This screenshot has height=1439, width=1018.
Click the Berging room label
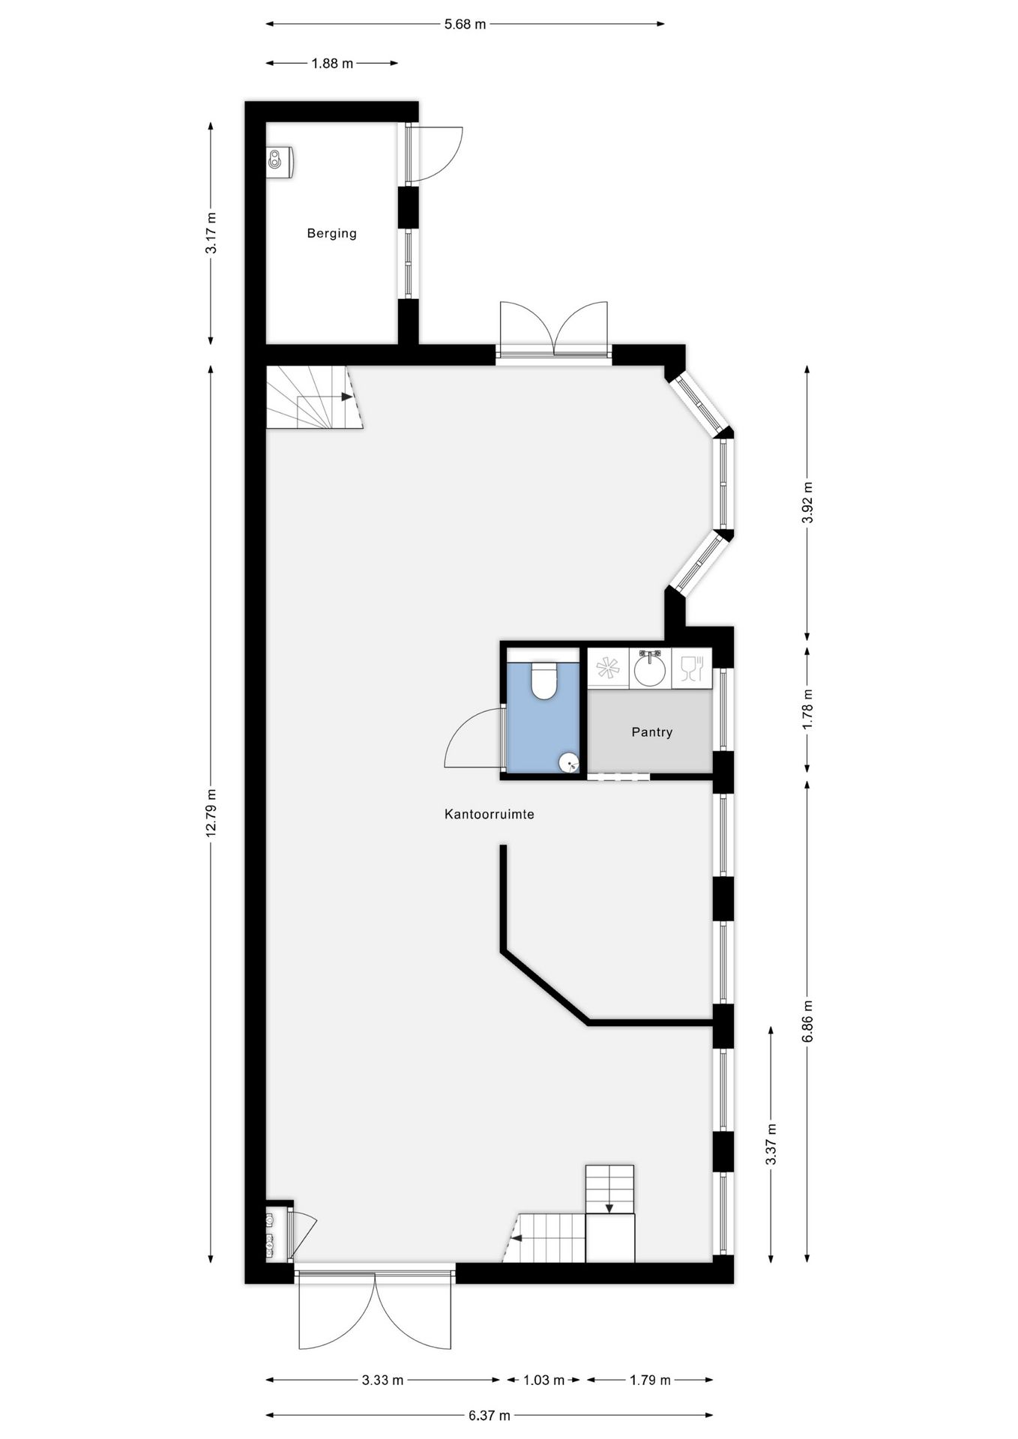tap(331, 233)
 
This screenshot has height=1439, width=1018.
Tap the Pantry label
tap(651, 731)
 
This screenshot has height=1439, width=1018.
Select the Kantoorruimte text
tap(489, 814)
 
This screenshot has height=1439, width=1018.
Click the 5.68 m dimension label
tap(465, 24)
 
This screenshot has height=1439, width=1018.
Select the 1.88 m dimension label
tap(332, 64)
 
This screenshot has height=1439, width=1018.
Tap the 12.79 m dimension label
tap(211, 812)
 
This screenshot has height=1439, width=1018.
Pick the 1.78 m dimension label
tap(807, 710)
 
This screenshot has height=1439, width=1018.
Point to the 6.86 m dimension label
tap(807, 1021)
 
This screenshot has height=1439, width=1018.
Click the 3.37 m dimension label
tap(771, 1144)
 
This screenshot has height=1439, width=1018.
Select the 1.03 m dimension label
tap(543, 1380)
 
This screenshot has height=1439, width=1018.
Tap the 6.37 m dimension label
tap(489, 1416)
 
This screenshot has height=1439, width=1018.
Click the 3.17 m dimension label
tap(211, 233)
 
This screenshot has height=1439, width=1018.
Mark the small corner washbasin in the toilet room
tap(570, 763)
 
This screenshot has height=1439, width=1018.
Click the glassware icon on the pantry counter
tap(691, 667)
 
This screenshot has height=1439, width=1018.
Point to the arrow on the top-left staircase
tap(346, 396)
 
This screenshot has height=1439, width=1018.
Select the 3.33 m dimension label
tap(382, 1380)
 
